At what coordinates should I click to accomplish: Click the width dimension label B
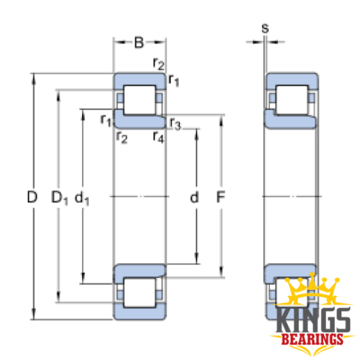[x=139, y=42]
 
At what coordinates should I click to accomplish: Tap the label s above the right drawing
[x=265, y=29]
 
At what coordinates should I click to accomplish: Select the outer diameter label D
[x=32, y=197]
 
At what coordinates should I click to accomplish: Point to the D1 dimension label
[x=60, y=198]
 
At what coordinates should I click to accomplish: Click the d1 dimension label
[x=82, y=198]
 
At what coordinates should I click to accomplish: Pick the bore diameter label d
[x=194, y=197]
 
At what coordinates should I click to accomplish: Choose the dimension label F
[x=220, y=197]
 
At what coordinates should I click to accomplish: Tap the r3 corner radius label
[x=175, y=124]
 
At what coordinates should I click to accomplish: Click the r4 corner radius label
[x=158, y=138]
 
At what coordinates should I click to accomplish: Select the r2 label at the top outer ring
[x=158, y=63]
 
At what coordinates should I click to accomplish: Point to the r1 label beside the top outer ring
[x=174, y=80]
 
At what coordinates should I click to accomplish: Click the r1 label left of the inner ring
[x=106, y=120]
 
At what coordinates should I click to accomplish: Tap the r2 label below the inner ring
[x=122, y=138]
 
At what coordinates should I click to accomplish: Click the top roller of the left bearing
[x=140, y=99]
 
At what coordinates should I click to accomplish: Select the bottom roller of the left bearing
[x=140, y=293]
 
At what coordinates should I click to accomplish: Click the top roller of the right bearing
[x=292, y=99]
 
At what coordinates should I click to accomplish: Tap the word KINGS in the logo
[x=312, y=320]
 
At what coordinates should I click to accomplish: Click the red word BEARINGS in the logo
[x=312, y=340]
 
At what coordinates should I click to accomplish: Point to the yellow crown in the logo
[x=312, y=290]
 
